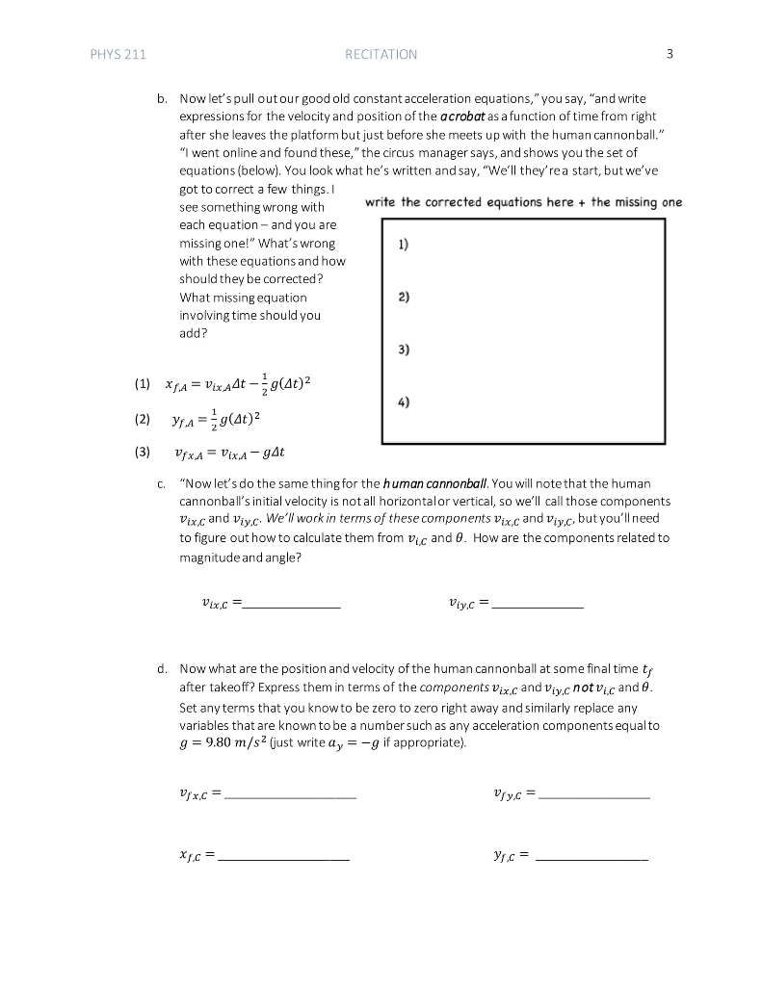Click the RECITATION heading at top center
(381, 55)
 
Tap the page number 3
(669, 55)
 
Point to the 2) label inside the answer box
(403, 298)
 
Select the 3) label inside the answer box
(403, 350)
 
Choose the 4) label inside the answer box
(403, 402)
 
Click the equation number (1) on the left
(144, 384)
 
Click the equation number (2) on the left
(144, 420)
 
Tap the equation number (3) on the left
(144, 452)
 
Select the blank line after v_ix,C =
(293, 605)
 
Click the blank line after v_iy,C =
(538, 605)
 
